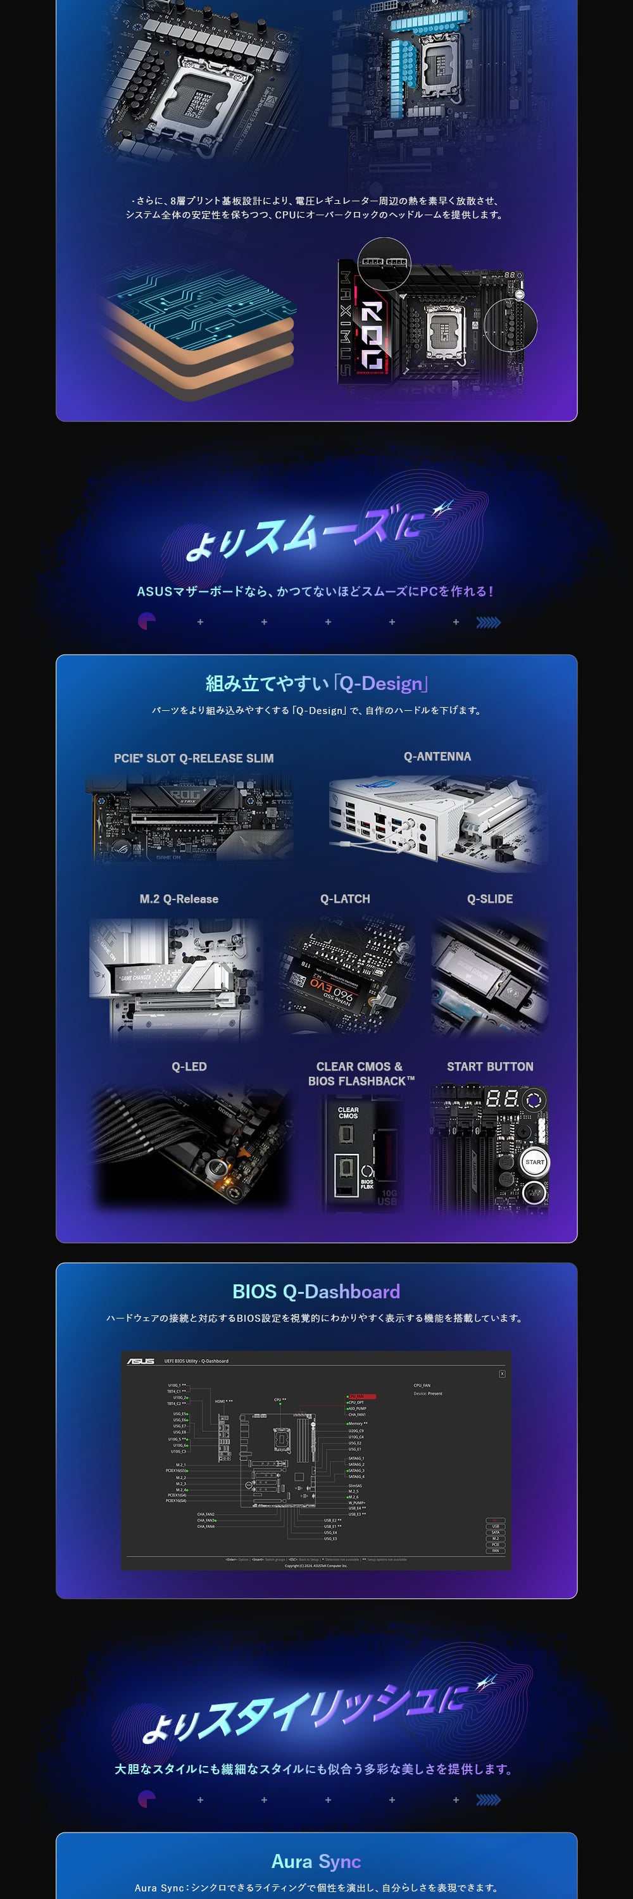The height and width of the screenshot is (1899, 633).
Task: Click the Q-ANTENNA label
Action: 437,756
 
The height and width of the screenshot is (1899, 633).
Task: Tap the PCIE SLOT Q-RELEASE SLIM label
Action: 194,758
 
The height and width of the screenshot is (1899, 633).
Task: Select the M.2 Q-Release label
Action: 179,899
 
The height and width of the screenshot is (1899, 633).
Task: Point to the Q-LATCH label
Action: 345,899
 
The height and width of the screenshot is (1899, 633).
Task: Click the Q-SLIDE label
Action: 489,899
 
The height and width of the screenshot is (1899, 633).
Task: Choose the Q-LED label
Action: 189,1066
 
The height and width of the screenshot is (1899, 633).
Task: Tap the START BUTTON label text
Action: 489,1066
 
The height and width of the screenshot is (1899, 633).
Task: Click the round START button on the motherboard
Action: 534,1162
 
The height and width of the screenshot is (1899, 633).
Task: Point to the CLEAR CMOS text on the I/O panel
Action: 348,1112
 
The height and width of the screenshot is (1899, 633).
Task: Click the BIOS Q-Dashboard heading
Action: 316,1291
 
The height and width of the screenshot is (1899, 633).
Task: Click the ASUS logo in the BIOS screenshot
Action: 141,1361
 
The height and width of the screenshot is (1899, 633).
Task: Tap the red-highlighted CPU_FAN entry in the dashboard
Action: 361,1396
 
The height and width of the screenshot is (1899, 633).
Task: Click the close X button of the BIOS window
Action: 502,1374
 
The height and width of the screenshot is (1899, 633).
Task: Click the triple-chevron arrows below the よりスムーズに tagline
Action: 488,622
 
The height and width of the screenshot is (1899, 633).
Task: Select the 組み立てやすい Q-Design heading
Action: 316,684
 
